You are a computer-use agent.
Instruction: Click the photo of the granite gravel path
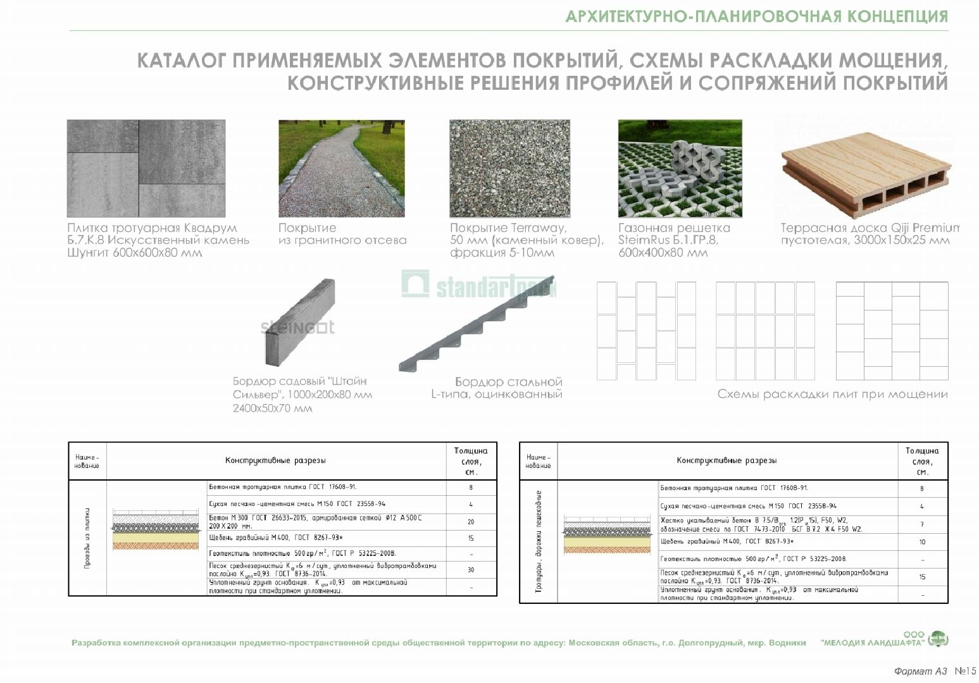pyautogui.click(x=342, y=168)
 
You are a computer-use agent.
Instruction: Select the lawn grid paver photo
pyautogui.click(x=680, y=168)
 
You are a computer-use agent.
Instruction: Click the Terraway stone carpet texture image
pyautogui.click(x=509, y=168)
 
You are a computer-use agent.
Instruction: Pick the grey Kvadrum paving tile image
pyautogui.click(x=137, y=168)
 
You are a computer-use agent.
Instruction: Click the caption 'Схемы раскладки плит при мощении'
pyautogui.click(x=832, y=395)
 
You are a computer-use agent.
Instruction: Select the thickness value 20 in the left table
pyautogui.click(x=471, y=522)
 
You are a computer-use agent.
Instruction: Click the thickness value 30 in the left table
pyautogui.click(x=471, y=570)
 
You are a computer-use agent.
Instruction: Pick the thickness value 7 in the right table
pyautogui.click(x=922, y=524)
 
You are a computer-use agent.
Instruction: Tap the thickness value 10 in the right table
pyautogui.click(x=922, y=542)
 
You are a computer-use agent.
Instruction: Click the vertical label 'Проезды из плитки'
pyautogui.click(x=87, y=538)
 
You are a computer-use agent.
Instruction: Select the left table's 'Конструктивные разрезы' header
pyautogui.click(x=275, y=461)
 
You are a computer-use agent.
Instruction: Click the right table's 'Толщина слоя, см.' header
pyautogui.click(x=922, y=461)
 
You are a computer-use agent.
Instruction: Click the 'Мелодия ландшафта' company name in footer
pyautogui.click(x=871, y=643)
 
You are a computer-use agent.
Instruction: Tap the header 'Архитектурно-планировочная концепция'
pyautogui.click(x=756, y=16)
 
